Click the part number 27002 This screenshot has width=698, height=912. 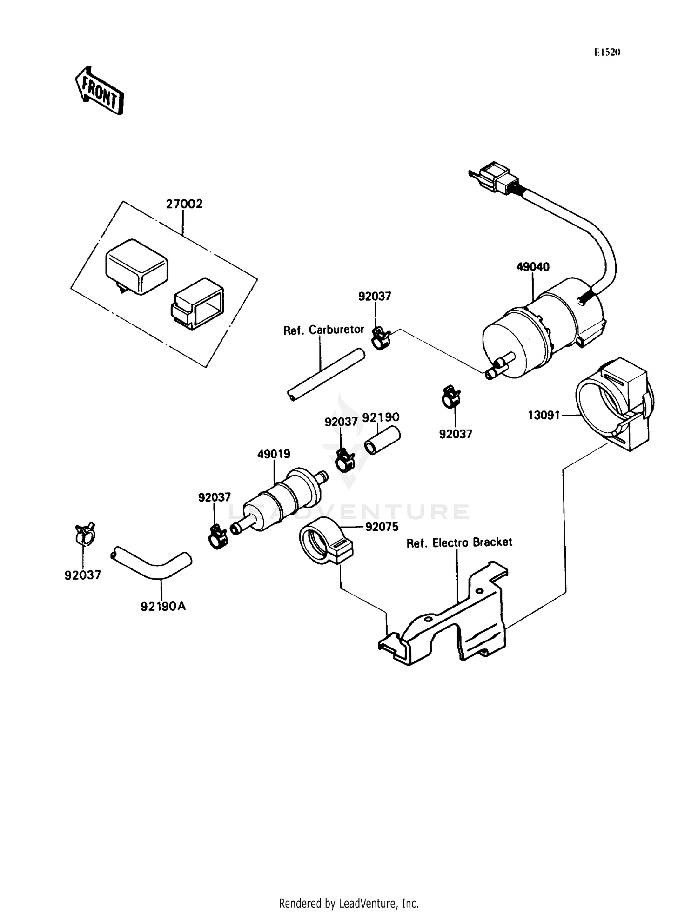[184, 204]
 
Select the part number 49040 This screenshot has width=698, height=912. [533, 267]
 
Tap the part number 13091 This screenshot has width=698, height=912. [543, 415]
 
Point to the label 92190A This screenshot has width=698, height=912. [163, 606]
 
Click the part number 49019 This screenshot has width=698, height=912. [274, 454]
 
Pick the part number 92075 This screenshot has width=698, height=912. [382, 527]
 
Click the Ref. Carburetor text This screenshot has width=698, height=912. [324, 330]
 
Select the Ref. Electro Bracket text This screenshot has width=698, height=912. [459, 542]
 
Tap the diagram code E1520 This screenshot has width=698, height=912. [607, 53]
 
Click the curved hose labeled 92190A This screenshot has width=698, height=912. [151, 563]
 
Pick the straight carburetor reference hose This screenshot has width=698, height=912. [326, 374]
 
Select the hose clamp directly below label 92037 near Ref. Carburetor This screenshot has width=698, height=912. [381, 338]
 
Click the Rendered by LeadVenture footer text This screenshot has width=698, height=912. [349, 903]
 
